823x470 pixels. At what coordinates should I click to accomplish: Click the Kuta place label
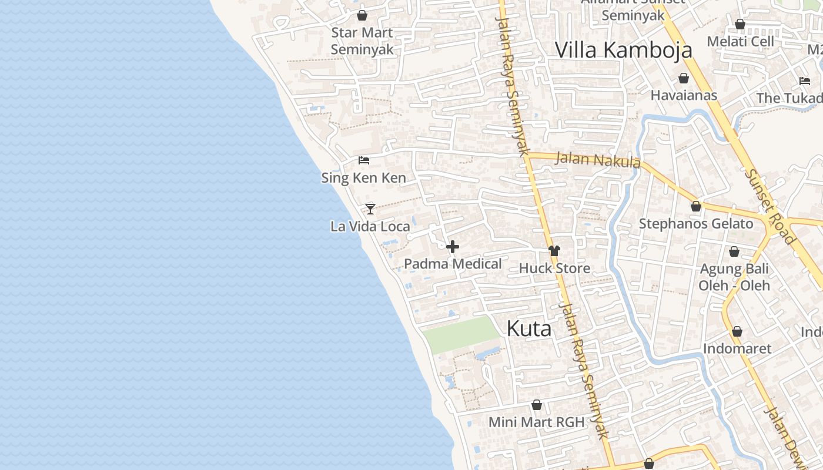click(528, 329)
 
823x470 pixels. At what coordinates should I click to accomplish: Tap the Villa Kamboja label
click(623, 50)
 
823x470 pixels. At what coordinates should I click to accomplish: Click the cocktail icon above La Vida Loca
click(370, 209)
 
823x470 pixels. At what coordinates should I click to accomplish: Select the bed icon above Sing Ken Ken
click(364, 160)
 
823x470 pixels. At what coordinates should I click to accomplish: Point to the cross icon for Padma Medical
click(453, 247)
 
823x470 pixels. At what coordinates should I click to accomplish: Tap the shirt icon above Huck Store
click(554, 251)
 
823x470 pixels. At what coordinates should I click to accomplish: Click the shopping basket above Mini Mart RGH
click(537, 405)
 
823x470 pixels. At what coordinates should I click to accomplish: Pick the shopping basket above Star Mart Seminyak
click(362, 15)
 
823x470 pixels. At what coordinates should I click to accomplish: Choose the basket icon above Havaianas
click(684, 78)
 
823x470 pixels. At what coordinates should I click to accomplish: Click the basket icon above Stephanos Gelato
click(696, 206)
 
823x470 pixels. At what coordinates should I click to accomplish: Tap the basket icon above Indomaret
click(737, 331)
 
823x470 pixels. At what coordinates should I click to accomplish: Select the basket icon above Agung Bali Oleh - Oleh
click(734, 252)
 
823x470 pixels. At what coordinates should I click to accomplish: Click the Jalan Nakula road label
click(597, 159)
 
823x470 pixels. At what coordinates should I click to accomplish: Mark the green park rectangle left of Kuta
click(460, 335)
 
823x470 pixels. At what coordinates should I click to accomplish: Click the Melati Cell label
click(740, 41)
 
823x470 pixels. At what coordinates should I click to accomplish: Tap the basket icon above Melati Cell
click(740, 24)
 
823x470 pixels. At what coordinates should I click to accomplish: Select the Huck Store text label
click(554, 268)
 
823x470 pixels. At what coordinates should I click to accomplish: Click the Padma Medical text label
click(453, 264)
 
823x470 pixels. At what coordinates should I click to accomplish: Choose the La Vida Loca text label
click(370, 226)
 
